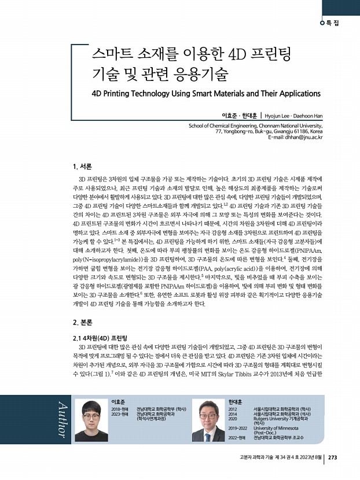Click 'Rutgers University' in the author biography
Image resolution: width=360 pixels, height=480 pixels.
[275, 418]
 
